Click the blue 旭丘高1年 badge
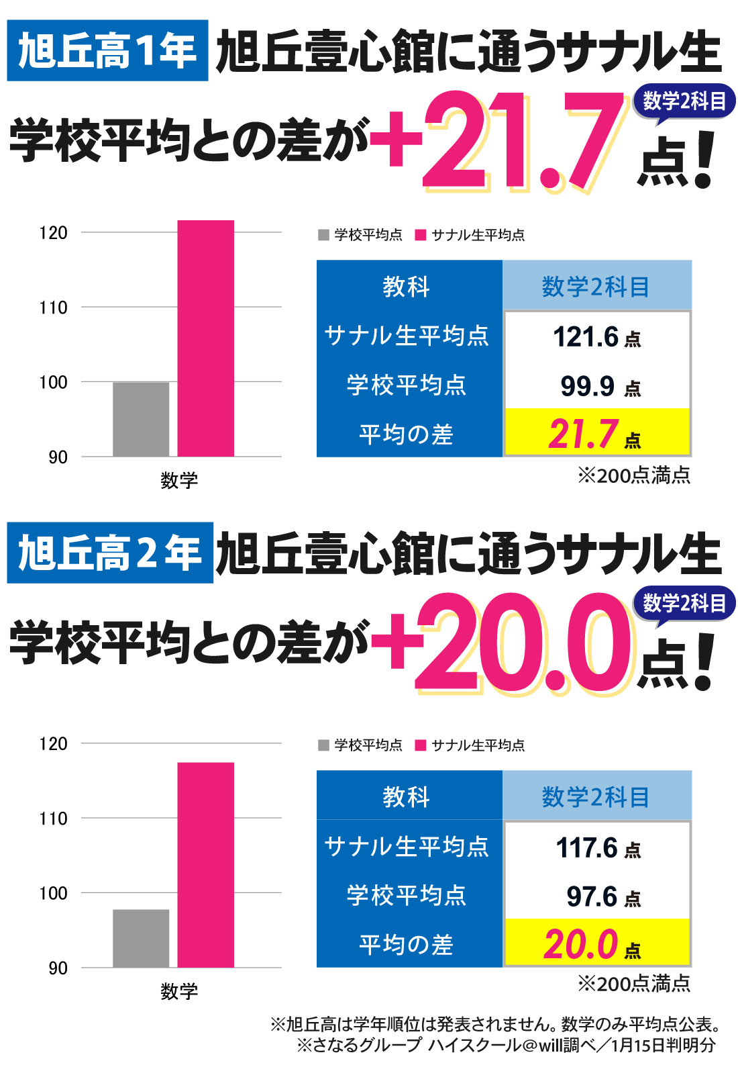[107, 51]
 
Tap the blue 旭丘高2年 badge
[110, 553]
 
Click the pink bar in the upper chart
[205, 338]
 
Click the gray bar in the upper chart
[141, 419]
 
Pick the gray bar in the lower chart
[141, 938]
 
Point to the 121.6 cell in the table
[596, 336]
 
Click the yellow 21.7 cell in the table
[596, 433]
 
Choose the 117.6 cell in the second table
[596, 847]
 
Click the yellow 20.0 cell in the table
[596, 944]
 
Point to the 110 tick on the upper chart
[54, 308]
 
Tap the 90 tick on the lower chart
[58, 968]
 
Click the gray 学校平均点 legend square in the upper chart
[323, 234]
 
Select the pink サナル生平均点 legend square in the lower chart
[421, 745]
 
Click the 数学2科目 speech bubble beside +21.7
[684, 102]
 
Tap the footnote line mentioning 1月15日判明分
[507, 1045]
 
